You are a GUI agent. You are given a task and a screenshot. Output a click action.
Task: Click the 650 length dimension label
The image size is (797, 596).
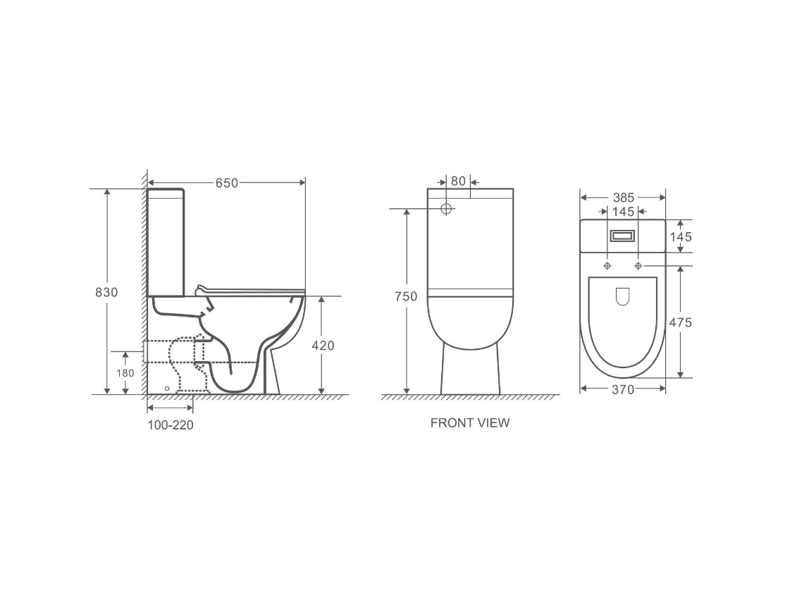click(x=226, y=183)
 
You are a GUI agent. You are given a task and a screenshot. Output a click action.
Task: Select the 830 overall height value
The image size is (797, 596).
click(x=106, y=292)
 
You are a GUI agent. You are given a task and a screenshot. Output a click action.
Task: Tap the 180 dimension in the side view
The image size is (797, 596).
click(x=125, y=372)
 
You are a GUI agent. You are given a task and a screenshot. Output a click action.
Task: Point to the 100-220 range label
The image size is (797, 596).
click(x=171, y=425)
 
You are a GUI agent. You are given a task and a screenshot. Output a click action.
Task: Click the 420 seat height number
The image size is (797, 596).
click(x=323, y=346)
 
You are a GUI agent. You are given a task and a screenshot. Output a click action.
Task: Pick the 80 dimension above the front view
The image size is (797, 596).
click(x=458, y=181)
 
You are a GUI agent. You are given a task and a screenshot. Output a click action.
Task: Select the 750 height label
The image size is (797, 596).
click(x=405, y=296)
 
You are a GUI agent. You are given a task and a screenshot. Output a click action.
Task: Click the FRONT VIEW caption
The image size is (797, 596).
click(x=469, y=423)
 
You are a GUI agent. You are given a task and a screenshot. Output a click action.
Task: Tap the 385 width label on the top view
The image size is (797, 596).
click(x=623, y=197)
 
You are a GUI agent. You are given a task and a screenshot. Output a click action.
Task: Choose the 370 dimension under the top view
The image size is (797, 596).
click(x=623, y=389)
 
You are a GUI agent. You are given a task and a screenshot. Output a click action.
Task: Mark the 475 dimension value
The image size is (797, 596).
click(x=680, y=322)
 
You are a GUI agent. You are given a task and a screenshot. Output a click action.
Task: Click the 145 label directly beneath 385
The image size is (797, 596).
click(x=623, y=211)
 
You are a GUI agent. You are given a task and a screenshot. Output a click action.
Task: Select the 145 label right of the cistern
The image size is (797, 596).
click(x=680, y=237)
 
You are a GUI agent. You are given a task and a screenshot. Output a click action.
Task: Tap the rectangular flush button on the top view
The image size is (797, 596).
click(x=622, y=236)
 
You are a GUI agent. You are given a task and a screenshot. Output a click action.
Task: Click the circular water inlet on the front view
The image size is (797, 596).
click(x=446, y=209)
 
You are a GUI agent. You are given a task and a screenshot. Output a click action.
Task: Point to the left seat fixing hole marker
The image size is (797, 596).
click(x=607, y=266)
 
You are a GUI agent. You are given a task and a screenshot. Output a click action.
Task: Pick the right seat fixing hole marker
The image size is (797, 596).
click(x=638, y=266)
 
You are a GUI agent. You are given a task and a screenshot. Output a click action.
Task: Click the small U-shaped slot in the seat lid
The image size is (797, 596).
click(x=622, y=297)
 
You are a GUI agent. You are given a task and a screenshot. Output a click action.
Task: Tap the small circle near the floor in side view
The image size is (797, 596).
click(x=166, y=388)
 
